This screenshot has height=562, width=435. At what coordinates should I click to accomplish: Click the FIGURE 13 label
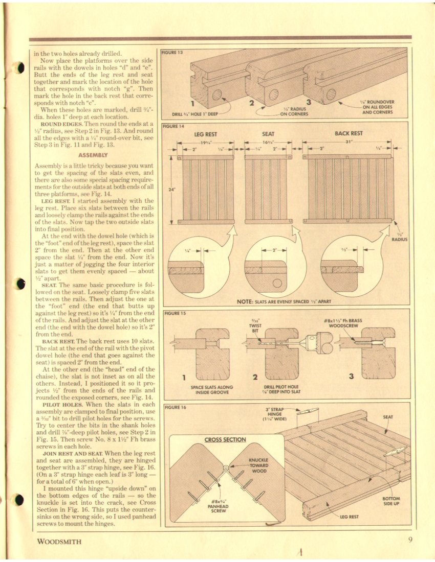click(172, 52)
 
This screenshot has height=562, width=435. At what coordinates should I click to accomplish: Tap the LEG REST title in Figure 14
click(206, 134)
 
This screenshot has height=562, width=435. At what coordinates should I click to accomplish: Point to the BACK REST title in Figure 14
click(348, 133)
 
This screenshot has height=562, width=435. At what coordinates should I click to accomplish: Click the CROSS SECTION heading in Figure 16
click(225, 439)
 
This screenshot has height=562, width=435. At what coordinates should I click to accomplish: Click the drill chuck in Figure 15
click(320, 338)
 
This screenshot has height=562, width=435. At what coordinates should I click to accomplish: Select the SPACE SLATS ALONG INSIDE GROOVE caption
click(211, 389)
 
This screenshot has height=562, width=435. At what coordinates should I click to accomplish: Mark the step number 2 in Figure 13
click(251, 103)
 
